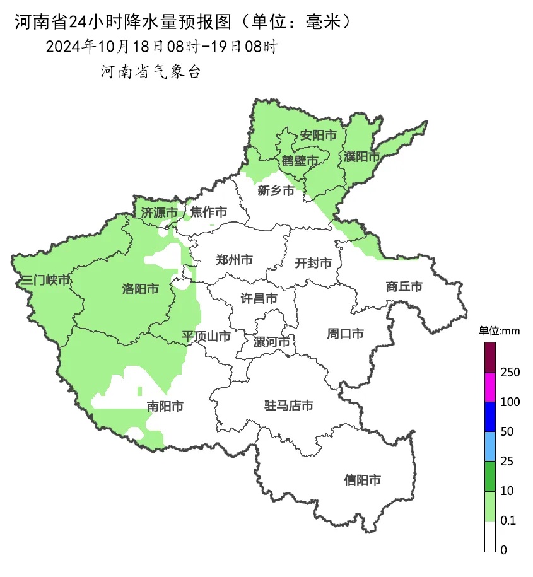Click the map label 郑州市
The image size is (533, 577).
pos(234,260)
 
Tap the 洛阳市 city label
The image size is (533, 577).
pos(140,289)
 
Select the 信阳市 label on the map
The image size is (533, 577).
pos(363,480)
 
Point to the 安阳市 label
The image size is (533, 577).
pos(318,135)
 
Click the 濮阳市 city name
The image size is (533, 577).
pos(362,156)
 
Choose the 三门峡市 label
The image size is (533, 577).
pos(45,281)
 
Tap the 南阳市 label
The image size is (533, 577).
pos(165,406)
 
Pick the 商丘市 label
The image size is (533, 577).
pos(404,286)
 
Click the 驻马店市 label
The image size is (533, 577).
pos(288,405)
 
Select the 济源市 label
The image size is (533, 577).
pos(159,213)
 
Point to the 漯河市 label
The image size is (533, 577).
pos(271,342)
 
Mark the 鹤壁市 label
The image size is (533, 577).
pos(300,161)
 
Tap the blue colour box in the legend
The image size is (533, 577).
pos(490,417)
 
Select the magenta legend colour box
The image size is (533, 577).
pos(490,387)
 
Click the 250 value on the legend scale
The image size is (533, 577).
pos(510,373)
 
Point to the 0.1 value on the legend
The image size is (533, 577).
pos(508,521)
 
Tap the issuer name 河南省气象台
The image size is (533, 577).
pos(151,72)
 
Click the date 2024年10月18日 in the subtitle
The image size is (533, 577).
pos(96,47)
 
